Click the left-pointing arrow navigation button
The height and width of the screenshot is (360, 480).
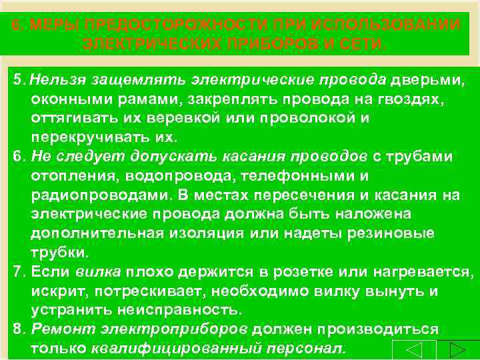click(413, 350)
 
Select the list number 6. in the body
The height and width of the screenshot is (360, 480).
click(18, 157)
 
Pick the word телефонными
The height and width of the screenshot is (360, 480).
click(306, 176)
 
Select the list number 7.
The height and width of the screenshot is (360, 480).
click(18, 272)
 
